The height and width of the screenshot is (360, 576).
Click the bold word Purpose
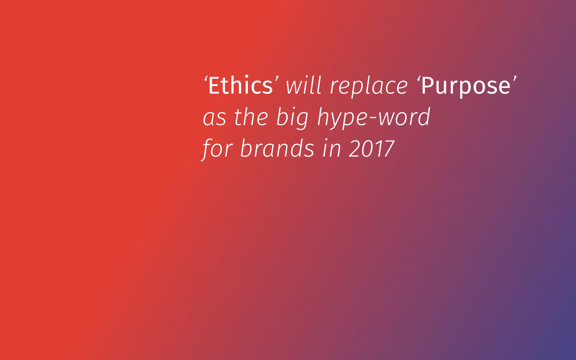coord(466,86)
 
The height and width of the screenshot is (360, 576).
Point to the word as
coord(215,118)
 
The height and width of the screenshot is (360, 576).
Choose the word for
coord(217,149)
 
